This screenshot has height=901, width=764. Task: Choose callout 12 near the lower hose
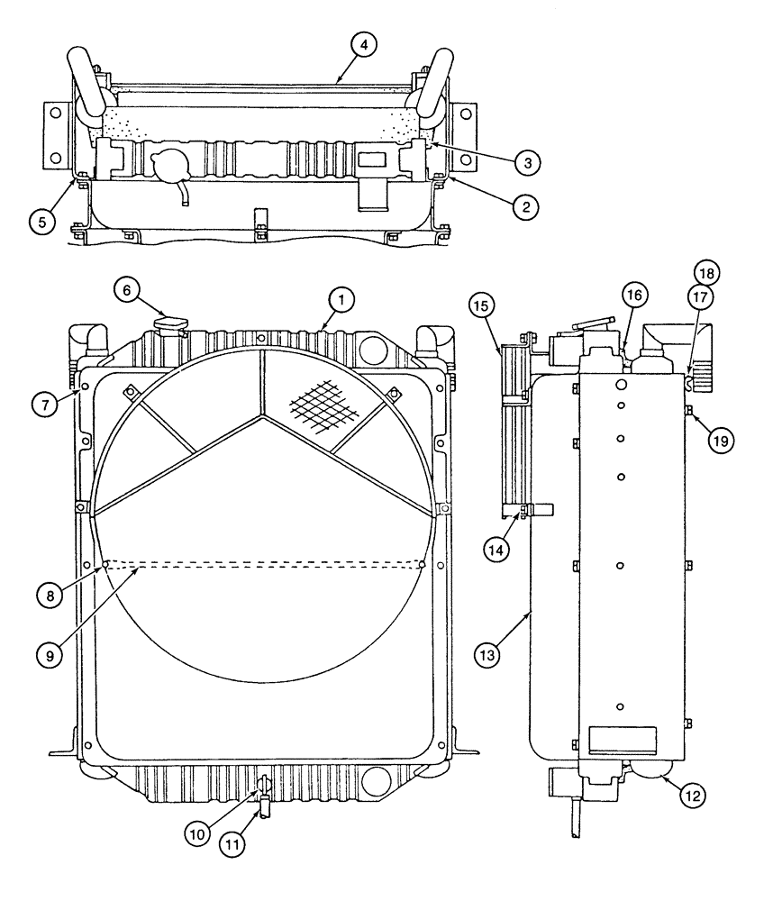click(x=692, y=796)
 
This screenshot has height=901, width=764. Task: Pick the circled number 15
click(x=481, y=307)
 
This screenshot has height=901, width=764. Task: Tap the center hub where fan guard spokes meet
click(x=262, y=416)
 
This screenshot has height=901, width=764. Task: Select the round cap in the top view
click(x=169, y=166)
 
